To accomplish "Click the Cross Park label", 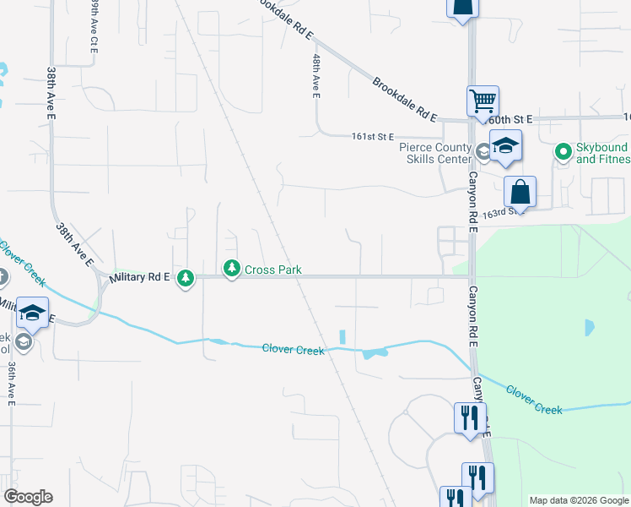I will tap(273, 270).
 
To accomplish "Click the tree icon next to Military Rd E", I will tap(186, 278).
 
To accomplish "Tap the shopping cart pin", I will tap(483, 101).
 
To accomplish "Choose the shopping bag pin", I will tap(520, 192).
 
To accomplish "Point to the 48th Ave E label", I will tap(316, 77).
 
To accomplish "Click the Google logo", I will tap(28, 497).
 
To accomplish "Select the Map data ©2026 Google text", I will tap(578, 500).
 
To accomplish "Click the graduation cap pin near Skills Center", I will tap(504, 146).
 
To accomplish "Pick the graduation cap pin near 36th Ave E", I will tap(32, 313).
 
